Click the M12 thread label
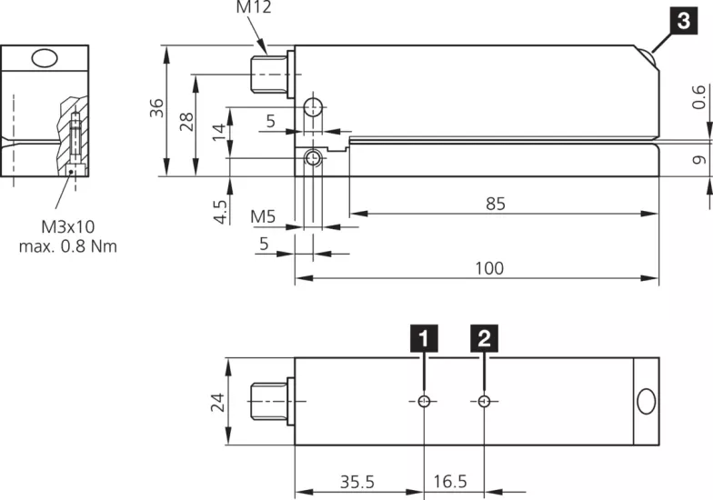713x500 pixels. [254, 7]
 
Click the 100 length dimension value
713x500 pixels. [488, 267]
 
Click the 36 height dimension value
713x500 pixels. [156, 108]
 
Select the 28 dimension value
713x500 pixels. [186, 122]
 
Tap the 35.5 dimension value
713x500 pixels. [357, 480]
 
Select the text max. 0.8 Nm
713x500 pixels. [67, 246]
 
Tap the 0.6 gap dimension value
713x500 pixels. [698, 96]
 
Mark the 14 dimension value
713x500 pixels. [218, 132]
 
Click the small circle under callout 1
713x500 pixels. [424, 402]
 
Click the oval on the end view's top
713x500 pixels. [44, 58]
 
